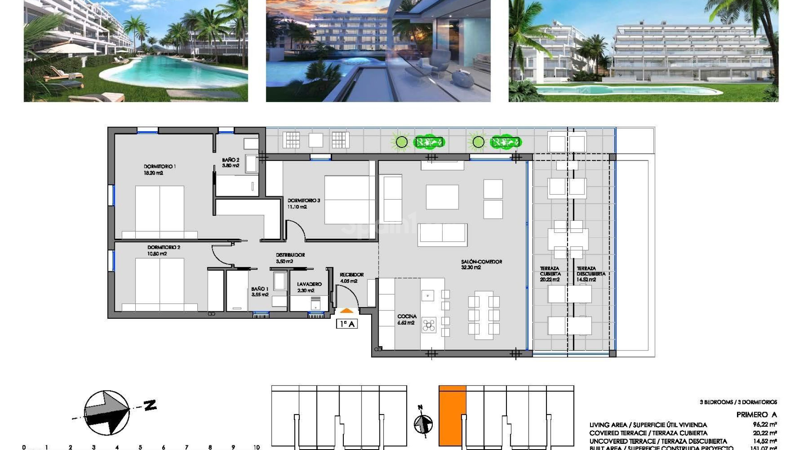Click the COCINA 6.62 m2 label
point(407,319)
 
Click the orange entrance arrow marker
point(347,311)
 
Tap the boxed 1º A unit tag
point(347,324)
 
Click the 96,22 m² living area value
point(764,425)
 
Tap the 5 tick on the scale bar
point(140,447)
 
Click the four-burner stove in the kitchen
point(429,325)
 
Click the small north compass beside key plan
point(423,423)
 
